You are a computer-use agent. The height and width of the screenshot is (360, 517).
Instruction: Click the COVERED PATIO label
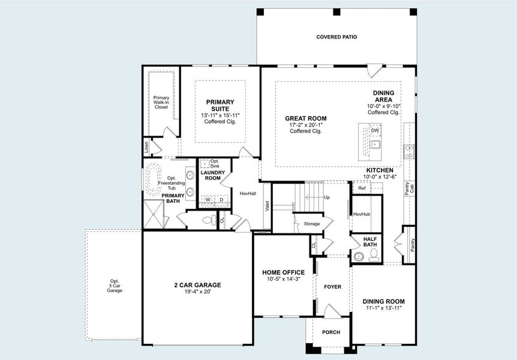pyautogui.click(x=336, y=37)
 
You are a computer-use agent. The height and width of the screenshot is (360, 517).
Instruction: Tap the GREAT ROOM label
pyautogui.click(x=305, y=118)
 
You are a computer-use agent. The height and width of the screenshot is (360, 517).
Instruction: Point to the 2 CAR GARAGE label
pyautogui.click(x=197, y=285)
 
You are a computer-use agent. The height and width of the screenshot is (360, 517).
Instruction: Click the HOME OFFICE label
pyautogui.click(x=283, y=272)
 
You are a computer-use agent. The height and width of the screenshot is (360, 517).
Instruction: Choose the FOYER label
pyautogui.click(x=332, y=287)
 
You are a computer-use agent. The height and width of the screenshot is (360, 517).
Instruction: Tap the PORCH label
pyautogui.click(x=331, y=332)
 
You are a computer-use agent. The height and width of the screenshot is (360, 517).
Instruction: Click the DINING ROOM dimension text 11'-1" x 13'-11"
pyautogui.click(x=383, y=308)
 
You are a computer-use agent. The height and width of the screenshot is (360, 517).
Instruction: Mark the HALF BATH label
pyautogui.click(x=370, y=241)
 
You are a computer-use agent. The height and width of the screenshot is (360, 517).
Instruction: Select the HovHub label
pyautogui.click(x=362, y=214)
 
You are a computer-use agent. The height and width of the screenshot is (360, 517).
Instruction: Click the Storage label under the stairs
pyautogui.click(x=312, y=224)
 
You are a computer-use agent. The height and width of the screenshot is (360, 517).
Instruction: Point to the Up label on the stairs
pyautogui.click(x=326, y=197)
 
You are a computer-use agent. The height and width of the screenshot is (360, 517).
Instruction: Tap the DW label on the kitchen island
pyautogui.click(x=374, y=130)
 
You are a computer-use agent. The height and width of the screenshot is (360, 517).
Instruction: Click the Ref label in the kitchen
pyautogui.click(x=362, y=188)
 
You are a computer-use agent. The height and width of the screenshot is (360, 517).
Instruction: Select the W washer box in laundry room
pyautogui.click(x=208, y=200)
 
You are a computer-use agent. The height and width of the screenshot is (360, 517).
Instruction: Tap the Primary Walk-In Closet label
pyautogui.click(x=161, y=102)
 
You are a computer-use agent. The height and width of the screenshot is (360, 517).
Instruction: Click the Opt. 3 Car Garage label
pyautogui.click(x=114, y=286)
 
